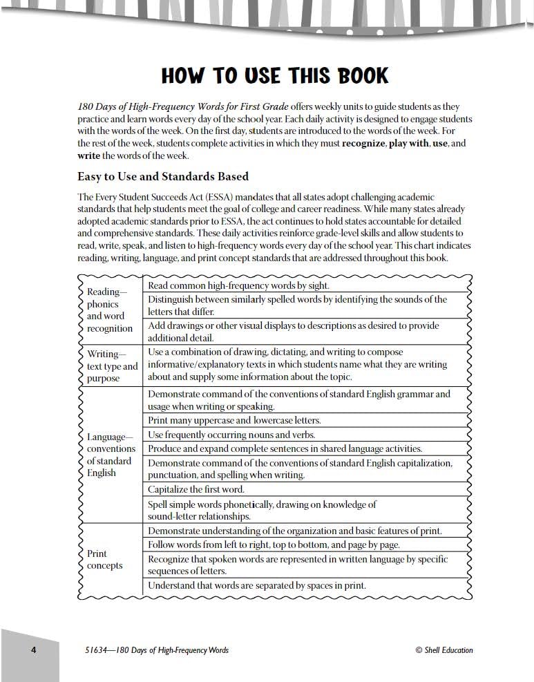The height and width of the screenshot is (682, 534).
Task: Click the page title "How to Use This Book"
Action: pos(275,75)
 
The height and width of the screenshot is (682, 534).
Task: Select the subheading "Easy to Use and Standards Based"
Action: pos(163,176)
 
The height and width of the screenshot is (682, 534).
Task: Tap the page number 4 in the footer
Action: pos(32,650)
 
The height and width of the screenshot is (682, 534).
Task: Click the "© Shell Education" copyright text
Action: pos(444,650)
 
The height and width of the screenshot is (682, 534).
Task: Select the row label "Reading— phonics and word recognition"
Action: pos(110,310)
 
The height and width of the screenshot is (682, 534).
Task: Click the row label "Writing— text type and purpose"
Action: pos(112,366)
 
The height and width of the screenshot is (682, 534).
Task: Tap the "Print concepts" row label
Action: pos(104,560)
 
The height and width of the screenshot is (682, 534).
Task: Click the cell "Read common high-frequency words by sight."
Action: pos(238,285)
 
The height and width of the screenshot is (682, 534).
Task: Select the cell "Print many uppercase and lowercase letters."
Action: pos(234,420)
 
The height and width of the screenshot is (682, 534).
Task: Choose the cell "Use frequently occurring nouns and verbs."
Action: pos(231,435)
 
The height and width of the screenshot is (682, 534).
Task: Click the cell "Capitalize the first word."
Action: pos(196,489)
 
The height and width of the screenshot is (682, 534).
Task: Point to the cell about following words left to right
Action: pos(274,544)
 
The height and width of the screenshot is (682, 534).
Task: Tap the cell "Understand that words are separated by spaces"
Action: pos(257,586)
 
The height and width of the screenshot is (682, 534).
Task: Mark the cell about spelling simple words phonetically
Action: pos(263,510)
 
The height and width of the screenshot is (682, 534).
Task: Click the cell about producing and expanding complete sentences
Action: pos(285,448)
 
